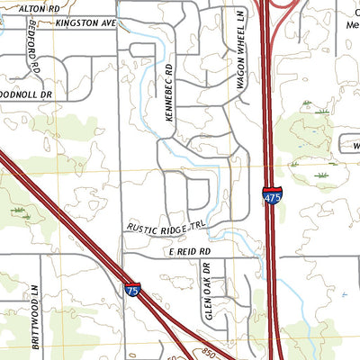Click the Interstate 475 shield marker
pos(271,193)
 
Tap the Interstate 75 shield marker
pos(131,290)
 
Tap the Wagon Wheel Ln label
pos(241,61)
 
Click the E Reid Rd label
pos(188,253)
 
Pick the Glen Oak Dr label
pos(207,292)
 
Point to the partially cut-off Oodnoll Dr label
pos(27,93)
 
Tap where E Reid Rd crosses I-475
pos(270,256)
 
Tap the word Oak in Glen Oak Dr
pos(207,291)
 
